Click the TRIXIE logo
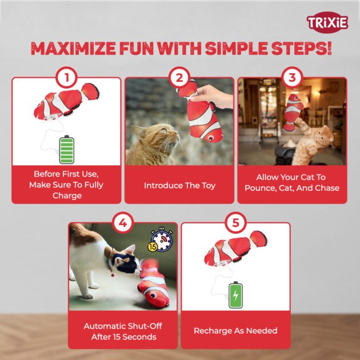327,22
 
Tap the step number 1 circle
67,78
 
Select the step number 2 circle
179,78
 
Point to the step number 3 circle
292,78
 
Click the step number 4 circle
123,223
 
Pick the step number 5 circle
235,223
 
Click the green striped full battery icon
67,150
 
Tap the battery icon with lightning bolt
235,295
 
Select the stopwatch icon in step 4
161,239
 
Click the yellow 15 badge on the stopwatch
153,247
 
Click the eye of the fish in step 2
210,138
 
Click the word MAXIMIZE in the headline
73,49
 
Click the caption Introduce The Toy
179,186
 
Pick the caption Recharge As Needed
235,331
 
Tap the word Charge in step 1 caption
67,195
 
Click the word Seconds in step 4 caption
141,337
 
